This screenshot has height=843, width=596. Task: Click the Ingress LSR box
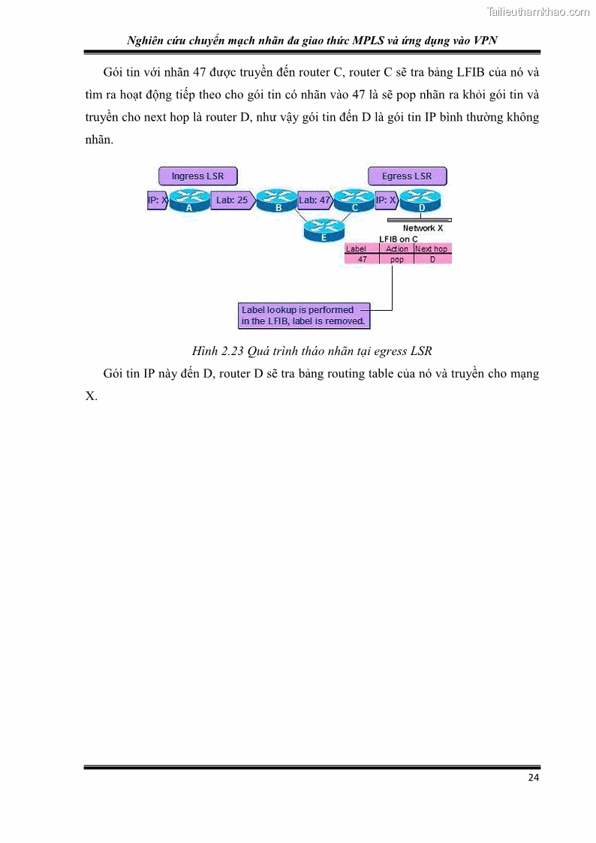tap(197, 176)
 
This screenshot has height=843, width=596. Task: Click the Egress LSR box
tap(407, 176)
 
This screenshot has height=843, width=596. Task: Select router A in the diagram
tap(188, 200)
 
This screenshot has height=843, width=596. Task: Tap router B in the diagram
tap(277, 200)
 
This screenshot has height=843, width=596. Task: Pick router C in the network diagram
tap(354, 200)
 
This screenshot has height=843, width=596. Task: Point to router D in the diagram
tap(421, 200)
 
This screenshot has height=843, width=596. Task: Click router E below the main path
tap(324, 229)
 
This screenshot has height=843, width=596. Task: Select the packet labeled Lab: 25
tap(232, 200)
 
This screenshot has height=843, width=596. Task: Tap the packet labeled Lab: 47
tap(315, 200)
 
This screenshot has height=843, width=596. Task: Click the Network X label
tap(423, 228)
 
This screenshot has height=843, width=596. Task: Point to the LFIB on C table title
tap(398, 239)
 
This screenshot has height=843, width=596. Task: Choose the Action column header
tap(396, 249)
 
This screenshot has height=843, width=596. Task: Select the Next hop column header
tap(432, 249)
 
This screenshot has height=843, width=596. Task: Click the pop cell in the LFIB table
tap(396, 259)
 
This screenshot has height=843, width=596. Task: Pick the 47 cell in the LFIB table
tap(363, 259)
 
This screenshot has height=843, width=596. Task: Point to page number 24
tap(533, 778)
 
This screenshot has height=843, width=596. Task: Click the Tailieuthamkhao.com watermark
tap(538, 11)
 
